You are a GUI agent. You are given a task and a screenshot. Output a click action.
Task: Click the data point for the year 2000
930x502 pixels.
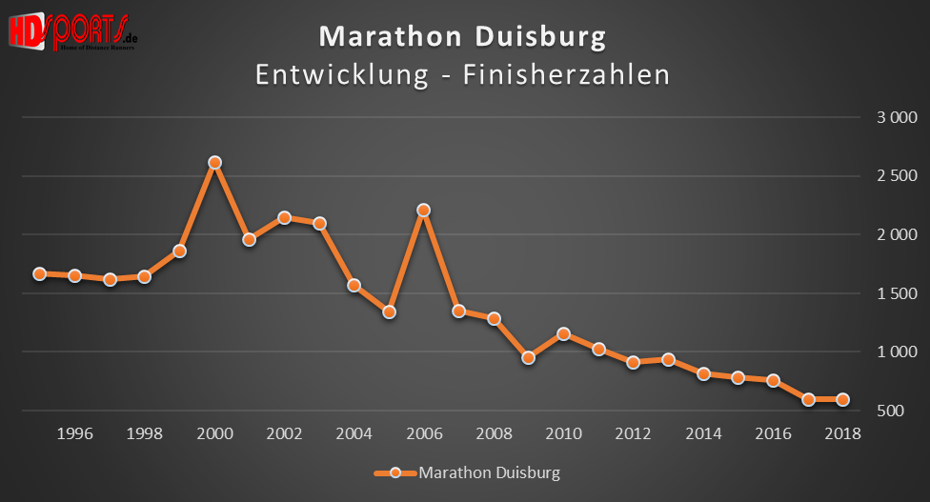click(214, 163)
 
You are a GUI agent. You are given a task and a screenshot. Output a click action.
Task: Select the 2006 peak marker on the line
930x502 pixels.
click(424, 210)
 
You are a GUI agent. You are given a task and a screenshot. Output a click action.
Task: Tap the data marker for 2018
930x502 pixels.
click(842, 399)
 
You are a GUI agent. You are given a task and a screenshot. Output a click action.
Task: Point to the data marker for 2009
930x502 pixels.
click(529, 357)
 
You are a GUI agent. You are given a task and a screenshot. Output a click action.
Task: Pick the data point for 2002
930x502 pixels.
click(284, 217)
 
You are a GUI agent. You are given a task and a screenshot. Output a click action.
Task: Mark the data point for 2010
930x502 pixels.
click(563, 333)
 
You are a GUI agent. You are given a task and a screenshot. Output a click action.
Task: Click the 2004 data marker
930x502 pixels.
click(354, 285)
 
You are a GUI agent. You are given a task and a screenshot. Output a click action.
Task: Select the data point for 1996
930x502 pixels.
click(74, 275)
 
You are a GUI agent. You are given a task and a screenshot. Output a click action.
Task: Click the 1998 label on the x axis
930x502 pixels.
click(144, 433)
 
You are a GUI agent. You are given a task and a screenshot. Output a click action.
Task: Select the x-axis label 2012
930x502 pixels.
click(633, 433)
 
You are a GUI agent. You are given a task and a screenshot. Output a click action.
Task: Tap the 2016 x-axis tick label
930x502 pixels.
click(773, 433)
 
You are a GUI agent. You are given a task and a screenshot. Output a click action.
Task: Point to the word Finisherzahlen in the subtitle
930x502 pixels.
click(566, 74)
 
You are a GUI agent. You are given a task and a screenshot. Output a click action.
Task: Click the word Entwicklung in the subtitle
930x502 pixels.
click(341, 74)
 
